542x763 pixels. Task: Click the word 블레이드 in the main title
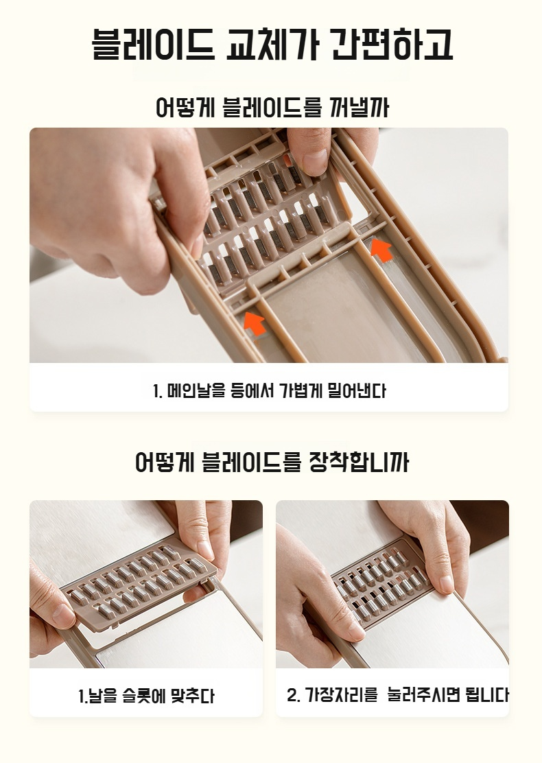152,45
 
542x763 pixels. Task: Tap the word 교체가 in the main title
272,45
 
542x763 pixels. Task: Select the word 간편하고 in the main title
392,45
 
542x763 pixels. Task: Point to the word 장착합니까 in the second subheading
359,462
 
